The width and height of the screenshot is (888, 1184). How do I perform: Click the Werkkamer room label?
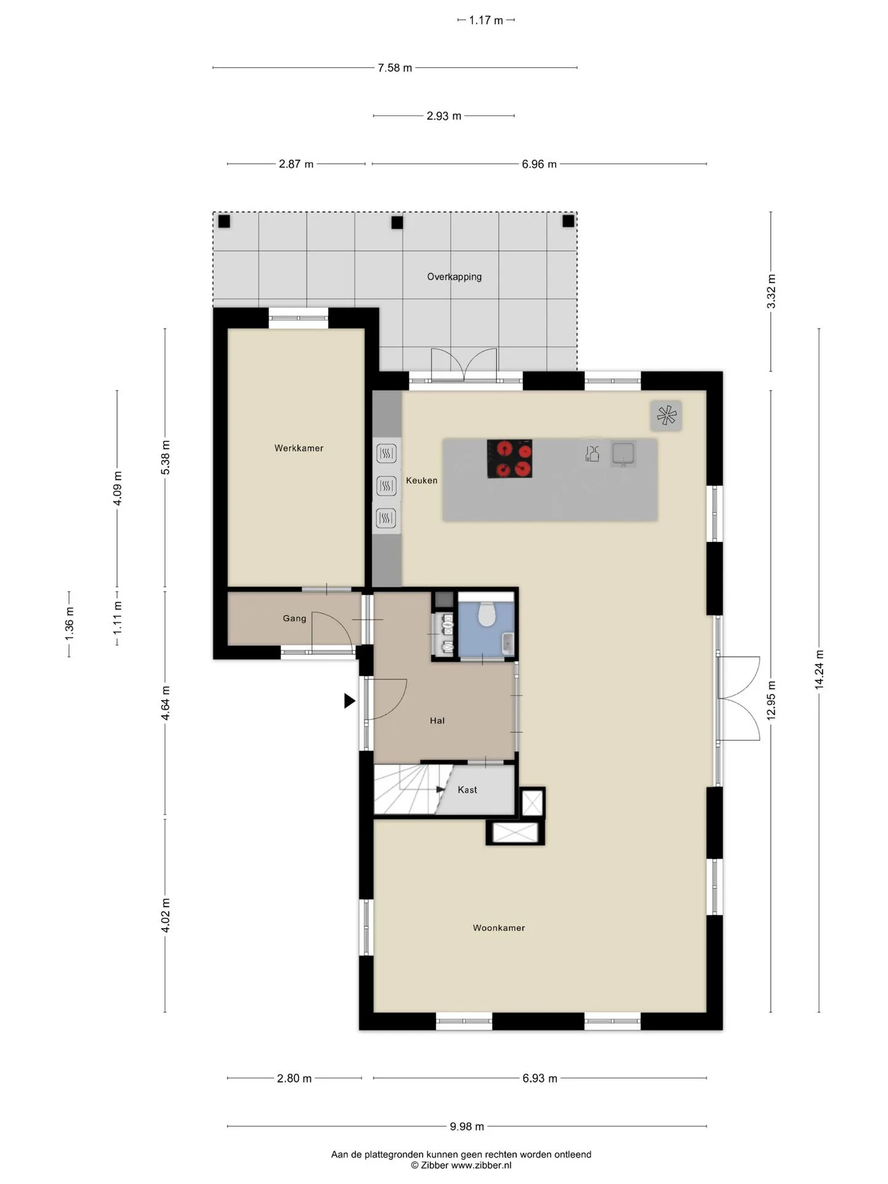point(298,448)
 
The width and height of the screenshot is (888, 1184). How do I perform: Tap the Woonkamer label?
point(499,927)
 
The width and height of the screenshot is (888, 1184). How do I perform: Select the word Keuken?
point(422,480)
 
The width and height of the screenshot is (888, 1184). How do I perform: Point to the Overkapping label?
point(454,277)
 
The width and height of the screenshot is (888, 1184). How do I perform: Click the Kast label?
point(467,789)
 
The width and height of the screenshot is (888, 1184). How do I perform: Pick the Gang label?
point(295,619)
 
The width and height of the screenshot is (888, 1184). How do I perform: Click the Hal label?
point(437,720)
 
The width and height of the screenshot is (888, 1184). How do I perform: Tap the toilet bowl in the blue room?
point(487,614)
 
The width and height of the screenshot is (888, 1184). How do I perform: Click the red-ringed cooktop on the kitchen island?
point(509,458)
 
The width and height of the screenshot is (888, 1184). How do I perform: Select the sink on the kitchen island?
point(623,454)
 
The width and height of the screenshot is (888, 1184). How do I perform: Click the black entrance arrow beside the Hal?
point(350,701)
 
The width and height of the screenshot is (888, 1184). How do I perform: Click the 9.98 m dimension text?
point(467,1127)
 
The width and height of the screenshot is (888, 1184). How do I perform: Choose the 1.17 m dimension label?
point(486,20)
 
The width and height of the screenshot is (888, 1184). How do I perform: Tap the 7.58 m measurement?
point(395,68)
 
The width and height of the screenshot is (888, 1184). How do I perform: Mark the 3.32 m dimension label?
point(771,292)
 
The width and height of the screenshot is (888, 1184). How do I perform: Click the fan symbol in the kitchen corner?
point(666,415)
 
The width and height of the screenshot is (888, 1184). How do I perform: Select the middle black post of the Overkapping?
point(397,222)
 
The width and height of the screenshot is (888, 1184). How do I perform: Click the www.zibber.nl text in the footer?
point(481,1165)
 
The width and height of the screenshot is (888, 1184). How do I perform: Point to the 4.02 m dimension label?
point(165,916)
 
